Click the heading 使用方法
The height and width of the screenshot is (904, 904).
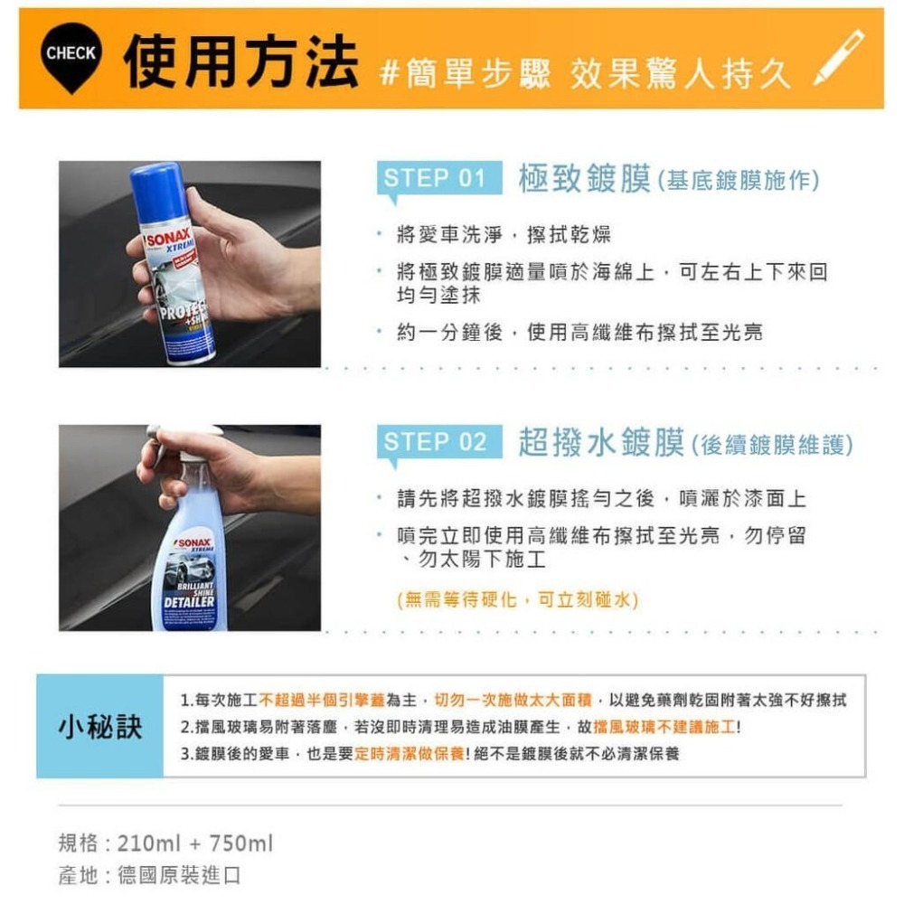tap(241, 61)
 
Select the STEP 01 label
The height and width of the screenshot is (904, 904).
tap(436, 178)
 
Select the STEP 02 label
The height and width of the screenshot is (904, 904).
tap(436, 442)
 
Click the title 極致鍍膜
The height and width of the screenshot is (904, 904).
tap(585, 179)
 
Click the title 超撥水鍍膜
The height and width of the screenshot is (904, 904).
tap(601, 443)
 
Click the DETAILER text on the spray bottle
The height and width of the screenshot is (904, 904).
tap(189, 601)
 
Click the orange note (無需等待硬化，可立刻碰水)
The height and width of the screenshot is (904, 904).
tap(518, 599)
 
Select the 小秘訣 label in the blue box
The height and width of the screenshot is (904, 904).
tap(100, 726)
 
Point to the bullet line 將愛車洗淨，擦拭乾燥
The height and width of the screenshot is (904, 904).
tap(504, 236)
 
